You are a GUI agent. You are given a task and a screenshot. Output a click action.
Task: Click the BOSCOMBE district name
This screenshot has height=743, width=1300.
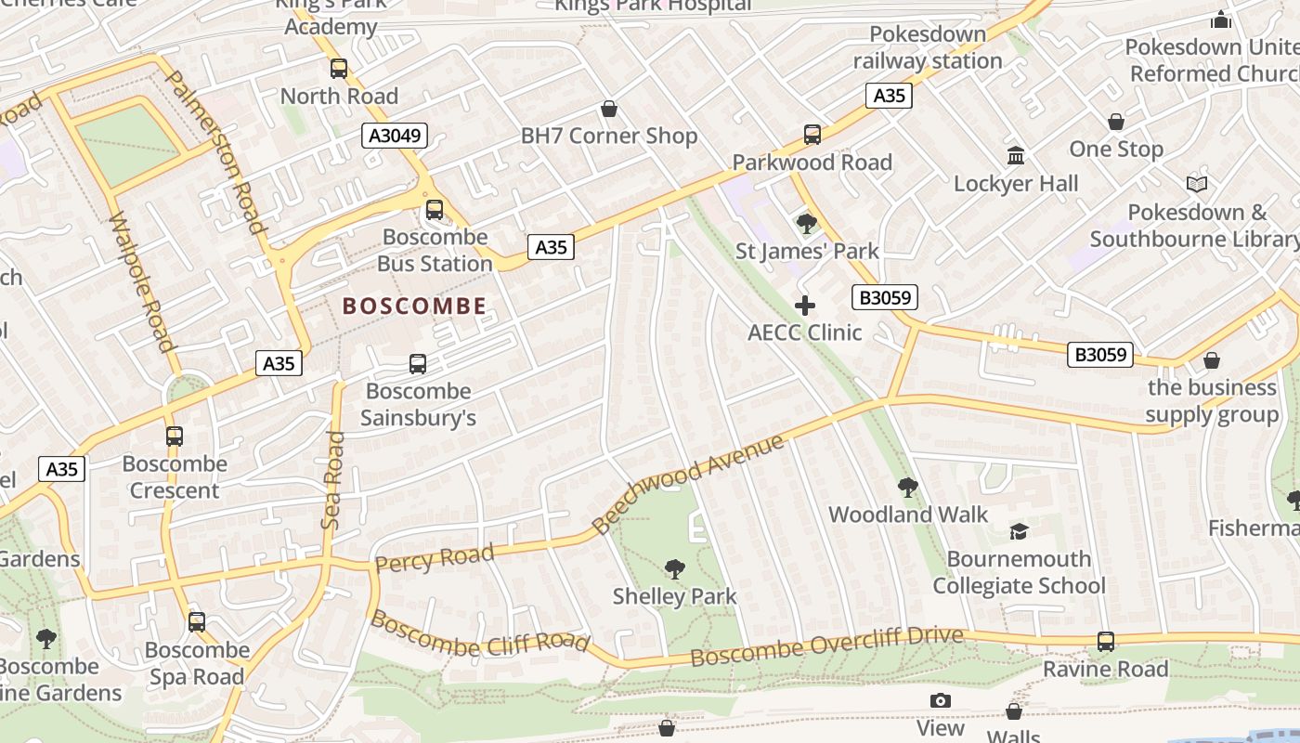click(x=414, y=306)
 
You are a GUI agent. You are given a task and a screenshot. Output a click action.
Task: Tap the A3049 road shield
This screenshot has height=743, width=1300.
click(x=394, y=136)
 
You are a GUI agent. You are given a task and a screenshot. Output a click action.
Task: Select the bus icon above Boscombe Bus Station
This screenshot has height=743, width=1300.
click(x=435, y=210)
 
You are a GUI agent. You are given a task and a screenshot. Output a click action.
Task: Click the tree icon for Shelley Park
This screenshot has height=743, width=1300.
click(x=675, y=568)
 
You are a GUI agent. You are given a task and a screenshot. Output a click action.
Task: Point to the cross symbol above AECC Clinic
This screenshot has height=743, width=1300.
click(x=805, y=306)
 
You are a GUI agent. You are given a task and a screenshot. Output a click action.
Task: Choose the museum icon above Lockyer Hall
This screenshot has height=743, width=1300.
click(x=1016, y=155)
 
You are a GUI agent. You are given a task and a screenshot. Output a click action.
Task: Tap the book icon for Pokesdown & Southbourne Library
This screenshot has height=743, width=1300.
click(x=1197, y=185)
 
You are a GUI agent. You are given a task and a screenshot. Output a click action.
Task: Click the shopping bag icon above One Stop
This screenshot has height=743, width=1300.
click(x=1116, y=122)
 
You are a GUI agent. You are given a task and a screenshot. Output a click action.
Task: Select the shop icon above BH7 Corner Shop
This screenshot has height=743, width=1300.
click(x=609, y=110)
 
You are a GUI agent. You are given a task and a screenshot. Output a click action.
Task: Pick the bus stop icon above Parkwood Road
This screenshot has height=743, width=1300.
click(x=812, y=135)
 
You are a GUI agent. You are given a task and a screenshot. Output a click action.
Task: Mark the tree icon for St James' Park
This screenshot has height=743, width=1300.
click(x=806, y=223)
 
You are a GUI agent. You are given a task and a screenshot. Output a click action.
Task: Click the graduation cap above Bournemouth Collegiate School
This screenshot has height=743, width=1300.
click(x=1019, y=531)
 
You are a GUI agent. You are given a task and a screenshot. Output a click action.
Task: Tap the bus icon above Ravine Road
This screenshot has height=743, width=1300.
click(x=1105, y=641)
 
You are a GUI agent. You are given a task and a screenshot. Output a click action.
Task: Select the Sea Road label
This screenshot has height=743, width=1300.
click(x=332, y=480)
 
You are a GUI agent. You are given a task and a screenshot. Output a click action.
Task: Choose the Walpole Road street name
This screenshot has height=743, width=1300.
click(x=142, y=283)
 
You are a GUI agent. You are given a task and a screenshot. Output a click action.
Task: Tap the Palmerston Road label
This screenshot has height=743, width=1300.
click(x=215, y=150)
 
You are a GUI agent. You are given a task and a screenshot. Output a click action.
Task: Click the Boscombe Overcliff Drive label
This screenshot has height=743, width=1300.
click(x=826, y=645)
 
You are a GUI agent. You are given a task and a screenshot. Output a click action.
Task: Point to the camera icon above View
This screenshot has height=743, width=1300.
click(x=941, y=701)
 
